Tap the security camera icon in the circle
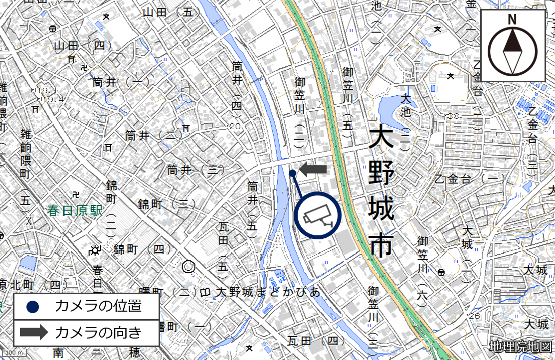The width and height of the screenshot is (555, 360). [317, 215]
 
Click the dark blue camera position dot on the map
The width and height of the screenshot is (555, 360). [292, 173]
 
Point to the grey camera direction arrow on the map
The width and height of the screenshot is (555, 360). [313, 170]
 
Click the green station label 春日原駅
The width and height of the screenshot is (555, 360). [75, 210]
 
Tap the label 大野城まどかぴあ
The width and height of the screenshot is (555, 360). [268, 292]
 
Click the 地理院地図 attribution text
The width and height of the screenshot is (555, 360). [521, 346]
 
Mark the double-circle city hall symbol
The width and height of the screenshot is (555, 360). [188, 267]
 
